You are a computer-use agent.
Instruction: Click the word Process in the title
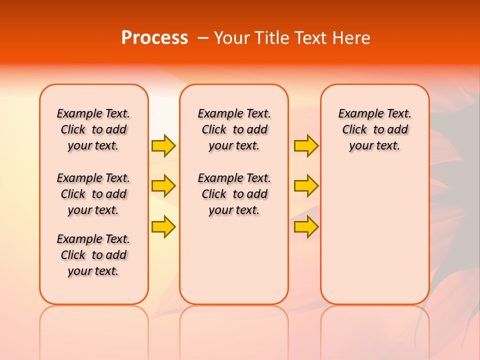154,38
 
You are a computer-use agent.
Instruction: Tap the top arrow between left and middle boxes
163,145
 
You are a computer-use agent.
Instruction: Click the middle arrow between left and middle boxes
163,186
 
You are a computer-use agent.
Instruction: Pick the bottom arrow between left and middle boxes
163,226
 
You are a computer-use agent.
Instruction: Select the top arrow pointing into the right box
306,145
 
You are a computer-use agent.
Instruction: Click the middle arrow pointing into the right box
306,186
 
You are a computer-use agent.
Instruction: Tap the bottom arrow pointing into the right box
306,226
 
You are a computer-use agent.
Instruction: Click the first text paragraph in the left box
93,129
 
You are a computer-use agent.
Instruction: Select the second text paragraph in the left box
93,194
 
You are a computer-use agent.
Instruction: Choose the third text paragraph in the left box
93,255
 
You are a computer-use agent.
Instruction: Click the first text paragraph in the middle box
234,129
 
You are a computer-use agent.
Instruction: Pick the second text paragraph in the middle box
234,194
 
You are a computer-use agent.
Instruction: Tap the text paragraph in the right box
375,129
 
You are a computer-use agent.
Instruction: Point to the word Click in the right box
354,130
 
